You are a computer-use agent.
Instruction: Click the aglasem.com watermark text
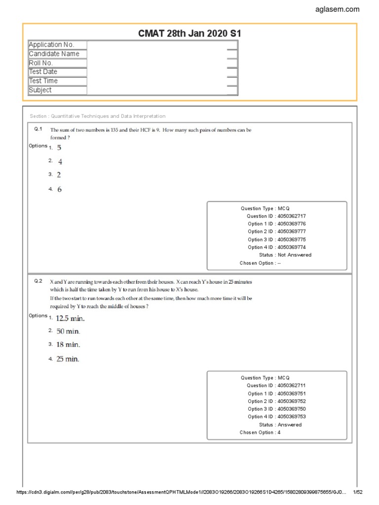pyautogui.click(x=338, y=9)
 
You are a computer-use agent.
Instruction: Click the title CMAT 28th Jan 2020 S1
pyautogui.click(x=189, y=33)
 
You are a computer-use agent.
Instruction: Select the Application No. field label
pyautogui.click(x=51, y=45)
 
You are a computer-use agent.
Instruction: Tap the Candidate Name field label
pyautogui.click(x=54, y=54)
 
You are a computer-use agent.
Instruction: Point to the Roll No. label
pyautogui.click(x=41, y=63)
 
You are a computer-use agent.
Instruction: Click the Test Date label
pyautogui.click(x=43, y=72)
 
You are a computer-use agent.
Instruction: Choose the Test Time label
pyautogui.click(x=43, y=81)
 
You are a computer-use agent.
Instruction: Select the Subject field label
pyautogui.click(x=40, y=90)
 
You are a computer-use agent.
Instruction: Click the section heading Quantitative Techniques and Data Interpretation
pyautogui.click(x=98, y=116)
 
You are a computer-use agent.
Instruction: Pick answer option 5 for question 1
pyautogui.click(x=59, y=147)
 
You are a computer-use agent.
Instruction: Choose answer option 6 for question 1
pyautogui.click(x=59, y=189)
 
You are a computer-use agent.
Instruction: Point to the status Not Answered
pyautogui.click(x=294, y=255)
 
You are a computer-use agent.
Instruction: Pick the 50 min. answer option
pyautogui.click(x=68, y=331)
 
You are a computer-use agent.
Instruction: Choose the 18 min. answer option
pyautogui.click(x=68, y=345)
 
